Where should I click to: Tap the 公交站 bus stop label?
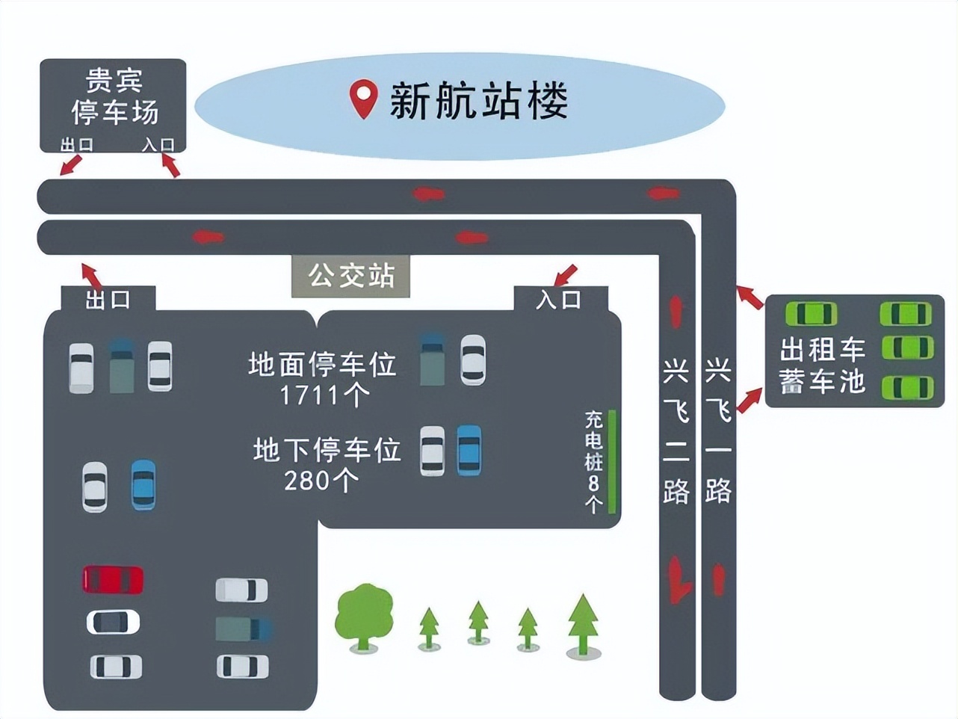(x=351, y=276)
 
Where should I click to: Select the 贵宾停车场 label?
(x=114, y=96)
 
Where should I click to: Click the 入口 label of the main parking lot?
(x=559, y=300)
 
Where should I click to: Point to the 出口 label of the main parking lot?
(x=108, y=300)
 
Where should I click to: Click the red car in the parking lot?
(x=113, y=579)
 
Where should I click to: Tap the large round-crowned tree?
(x=364, y=615)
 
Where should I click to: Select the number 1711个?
(x=324, y=395)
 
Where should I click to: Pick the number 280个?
(x=321, y=480)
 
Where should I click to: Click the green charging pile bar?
(x=612, y=461)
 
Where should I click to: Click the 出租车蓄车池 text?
(x=822, y=365)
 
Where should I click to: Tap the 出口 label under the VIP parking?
(x=76, y=144)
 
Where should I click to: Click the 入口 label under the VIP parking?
(x=158, y=144)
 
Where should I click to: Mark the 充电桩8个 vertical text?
(x=593, y=461)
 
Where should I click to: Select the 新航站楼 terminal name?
(x=479, y=101)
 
